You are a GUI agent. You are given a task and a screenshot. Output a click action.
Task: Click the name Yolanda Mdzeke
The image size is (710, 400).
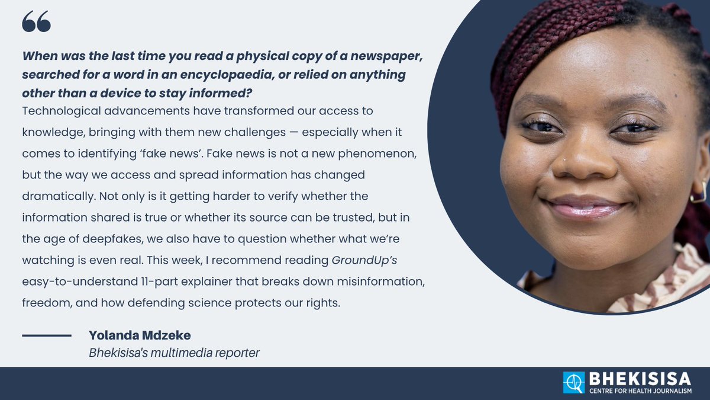pyautogui.click(x=140, y=335)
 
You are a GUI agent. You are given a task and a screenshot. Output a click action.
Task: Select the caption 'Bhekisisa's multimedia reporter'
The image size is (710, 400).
pyautogui.click(x=174, y=353)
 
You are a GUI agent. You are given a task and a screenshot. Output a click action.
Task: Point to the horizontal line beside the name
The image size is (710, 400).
pyautogui.click(x=47, y=336)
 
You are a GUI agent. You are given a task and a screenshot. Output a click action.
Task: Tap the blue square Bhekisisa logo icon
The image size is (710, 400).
pyautogui.click(x=573, y=383)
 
